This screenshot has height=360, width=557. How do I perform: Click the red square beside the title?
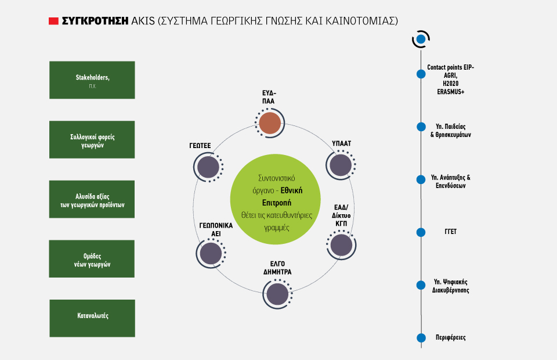(x=53, y=21)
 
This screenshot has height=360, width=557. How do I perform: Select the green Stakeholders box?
(x=92, y=80)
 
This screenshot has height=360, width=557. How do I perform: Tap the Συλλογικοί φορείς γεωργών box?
(x=92, y=140)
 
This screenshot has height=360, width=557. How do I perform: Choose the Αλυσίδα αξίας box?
(x=92, y=199)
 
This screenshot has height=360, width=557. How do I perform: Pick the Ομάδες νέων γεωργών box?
(x=92, y=259)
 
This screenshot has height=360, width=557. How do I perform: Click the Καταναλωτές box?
(x=92, y=318)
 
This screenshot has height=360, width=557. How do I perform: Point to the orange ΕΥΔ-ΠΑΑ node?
(x=270, y=123)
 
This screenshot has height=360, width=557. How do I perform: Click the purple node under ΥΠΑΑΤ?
(x=341, y=165)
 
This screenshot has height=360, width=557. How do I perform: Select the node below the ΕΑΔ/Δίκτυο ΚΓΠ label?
(x=341, y=245)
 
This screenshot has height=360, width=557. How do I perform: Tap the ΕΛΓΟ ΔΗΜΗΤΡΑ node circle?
(x=277, y=294)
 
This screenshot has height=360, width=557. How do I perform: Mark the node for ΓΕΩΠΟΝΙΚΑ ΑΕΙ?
(x=211, y=254)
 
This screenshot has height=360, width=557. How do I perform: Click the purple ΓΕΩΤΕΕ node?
(x=208, y=167)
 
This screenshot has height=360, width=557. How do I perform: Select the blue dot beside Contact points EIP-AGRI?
(x=421, y=74)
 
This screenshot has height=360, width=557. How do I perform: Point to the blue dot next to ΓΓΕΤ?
(x=421, y=232)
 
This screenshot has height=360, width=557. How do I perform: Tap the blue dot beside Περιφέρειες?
(x=421, y=337)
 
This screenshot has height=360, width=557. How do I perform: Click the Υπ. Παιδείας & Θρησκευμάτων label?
(x=451, y=131)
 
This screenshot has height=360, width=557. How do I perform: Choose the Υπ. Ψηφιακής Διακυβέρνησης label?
(x=451, y=286)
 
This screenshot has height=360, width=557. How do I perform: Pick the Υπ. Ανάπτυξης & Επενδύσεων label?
(x=451, y=181)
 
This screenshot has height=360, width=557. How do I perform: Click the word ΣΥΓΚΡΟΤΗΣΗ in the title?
(x=95, y=21)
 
